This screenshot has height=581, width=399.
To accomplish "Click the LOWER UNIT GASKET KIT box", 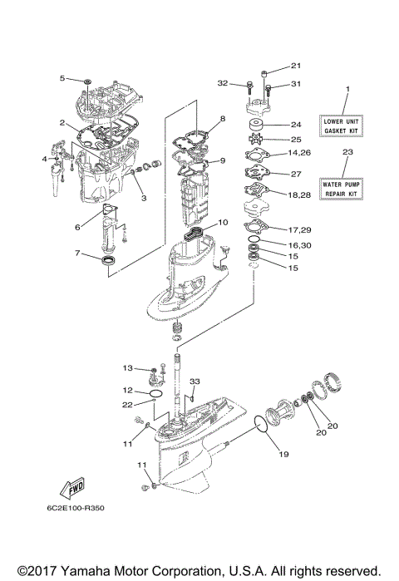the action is pyautogui.click(x=341, y=126).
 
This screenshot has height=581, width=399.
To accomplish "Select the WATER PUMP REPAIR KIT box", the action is pyautogui.click(x=341, y=189).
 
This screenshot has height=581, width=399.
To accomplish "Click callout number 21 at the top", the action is pyautogui.click(x=296, y=66).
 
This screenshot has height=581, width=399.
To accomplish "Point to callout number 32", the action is pyautogui.click(x=222, y=83).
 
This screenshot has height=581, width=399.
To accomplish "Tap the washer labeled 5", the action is pyautogui.click(x=88, y=81).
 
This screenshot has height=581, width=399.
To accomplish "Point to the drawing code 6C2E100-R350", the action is pyautogui.click(x=76, y=508).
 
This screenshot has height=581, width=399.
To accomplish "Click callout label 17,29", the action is pyautogui.click(x=300, y=230).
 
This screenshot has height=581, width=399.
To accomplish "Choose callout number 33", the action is pyautogui.click(x=195, y=382).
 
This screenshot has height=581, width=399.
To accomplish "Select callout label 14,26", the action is pyautogui.click(x=299, y=153).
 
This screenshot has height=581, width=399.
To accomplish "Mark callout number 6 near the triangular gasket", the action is pyautogui.click(x=77, y=227).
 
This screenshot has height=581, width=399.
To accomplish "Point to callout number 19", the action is pyautogui.click(x=283, y=455).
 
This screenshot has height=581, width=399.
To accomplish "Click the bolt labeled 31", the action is pyautogui.click(x=268, y=89).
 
